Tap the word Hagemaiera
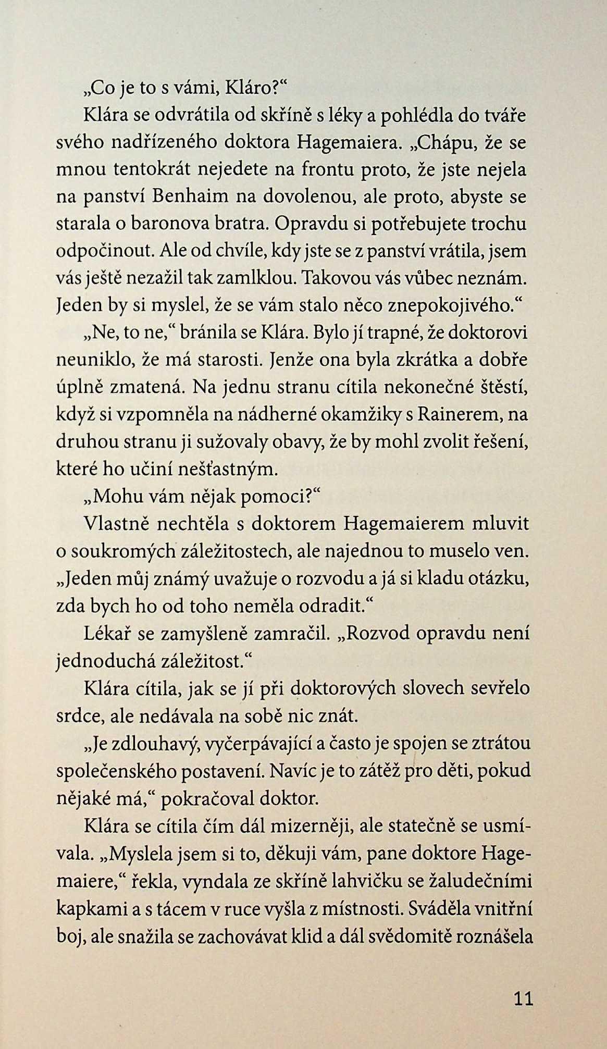click(x=344, y=143)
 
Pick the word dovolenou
click(x=308, y=197)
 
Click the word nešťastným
click(x=232, y=469)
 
